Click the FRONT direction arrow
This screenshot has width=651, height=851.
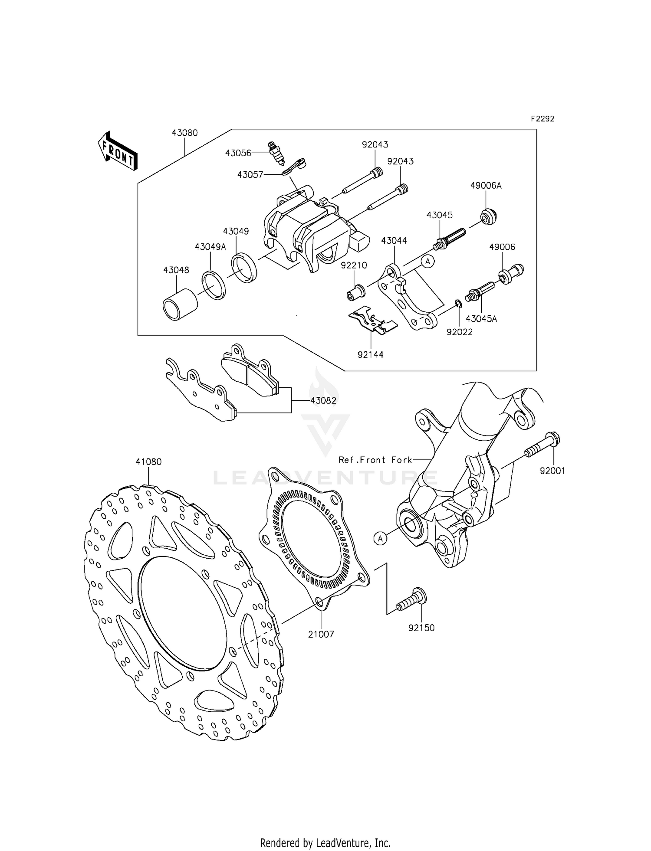click(117, 151)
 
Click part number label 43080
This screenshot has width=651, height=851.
click(184, 133)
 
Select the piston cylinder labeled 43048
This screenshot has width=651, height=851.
click(180, 304)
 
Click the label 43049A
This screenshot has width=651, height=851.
click(210, 247)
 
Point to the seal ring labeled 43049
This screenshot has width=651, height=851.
click(244, 269)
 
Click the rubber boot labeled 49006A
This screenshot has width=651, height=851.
click(489, 216)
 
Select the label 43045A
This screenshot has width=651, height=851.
click(481, 319)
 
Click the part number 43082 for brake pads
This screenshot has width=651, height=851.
click(323, 401)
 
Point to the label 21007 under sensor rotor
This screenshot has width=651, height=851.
click(321, 635)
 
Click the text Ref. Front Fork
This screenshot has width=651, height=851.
click(375, 460)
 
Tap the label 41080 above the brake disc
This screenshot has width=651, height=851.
click(148, 462)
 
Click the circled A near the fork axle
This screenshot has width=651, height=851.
click(380, 538)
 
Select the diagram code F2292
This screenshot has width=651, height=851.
click(542, 119)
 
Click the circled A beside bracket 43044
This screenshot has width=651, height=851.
click(427, 261)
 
